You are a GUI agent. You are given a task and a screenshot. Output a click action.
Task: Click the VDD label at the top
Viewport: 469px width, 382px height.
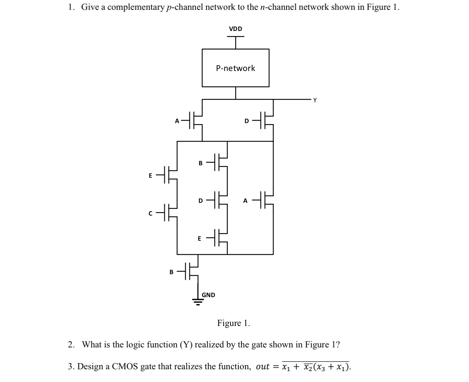click(235, 29)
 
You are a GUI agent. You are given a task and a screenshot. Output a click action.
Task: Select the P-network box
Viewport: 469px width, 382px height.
click(235, 68)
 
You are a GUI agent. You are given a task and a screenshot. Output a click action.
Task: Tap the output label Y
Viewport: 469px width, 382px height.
click(315, 101)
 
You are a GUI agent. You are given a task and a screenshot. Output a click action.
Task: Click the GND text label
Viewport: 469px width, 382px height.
click(208, 295)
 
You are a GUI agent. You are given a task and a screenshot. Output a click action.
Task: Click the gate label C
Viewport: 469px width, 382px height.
click(150, 213)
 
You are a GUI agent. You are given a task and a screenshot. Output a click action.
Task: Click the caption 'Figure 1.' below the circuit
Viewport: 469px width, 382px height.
click(233, 323)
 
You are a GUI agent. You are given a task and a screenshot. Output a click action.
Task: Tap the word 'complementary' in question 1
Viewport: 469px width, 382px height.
click(136, 7)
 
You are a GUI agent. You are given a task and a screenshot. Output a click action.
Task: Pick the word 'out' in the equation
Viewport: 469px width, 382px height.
click(262, 366)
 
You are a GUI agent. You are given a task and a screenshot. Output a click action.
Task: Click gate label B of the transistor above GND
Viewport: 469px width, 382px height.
click(172, 272)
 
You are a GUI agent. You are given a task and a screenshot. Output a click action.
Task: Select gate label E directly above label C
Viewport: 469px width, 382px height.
click(150, 176)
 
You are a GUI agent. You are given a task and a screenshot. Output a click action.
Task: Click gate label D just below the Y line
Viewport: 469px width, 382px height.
click(246, 121)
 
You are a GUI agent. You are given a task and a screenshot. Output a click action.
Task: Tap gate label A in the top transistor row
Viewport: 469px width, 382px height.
click(177, 121)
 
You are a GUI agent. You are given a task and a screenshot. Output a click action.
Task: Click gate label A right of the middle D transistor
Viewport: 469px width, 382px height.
click(245, 201)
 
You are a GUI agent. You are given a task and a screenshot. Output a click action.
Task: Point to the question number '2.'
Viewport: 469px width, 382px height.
click(71, 344)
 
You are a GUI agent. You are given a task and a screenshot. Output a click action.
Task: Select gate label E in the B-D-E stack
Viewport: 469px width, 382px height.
click(199, 239)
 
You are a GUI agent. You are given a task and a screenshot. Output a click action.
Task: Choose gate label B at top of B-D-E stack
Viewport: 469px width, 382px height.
click(200, 163)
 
